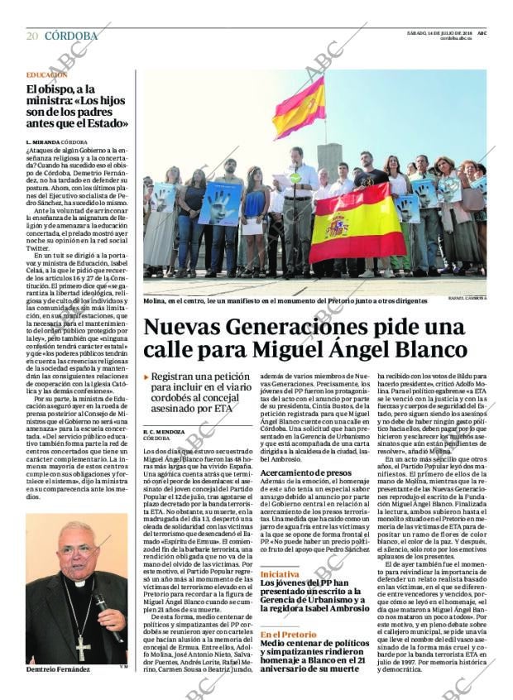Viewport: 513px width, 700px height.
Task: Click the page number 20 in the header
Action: point(32,36)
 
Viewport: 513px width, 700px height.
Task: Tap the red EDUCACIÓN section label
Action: point(46,74)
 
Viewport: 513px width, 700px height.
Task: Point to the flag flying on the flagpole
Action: point(299,108)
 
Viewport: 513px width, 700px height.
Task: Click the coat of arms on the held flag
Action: point(337,225)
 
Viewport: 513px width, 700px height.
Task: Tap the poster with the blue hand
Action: point(220,204)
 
